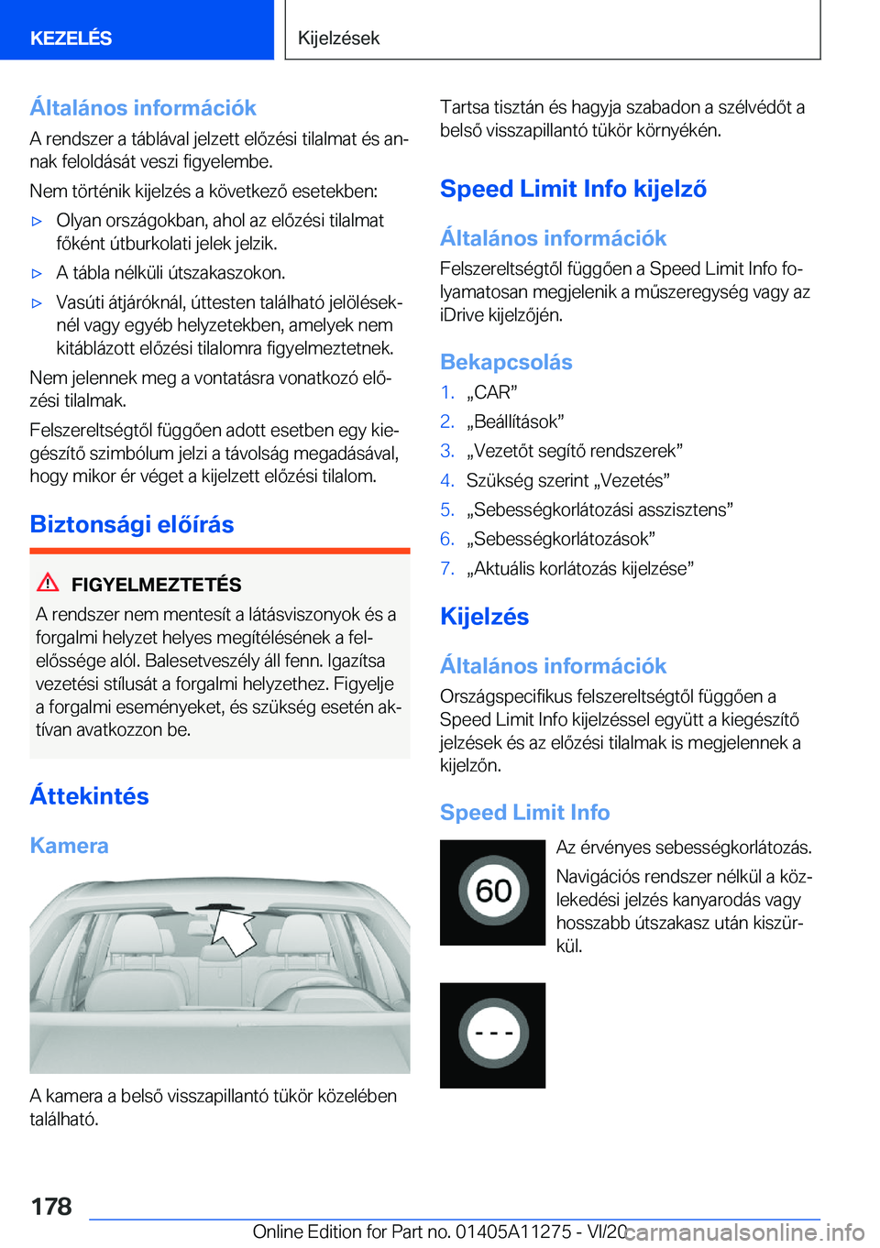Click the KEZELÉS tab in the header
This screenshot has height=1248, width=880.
click(x=71, y=38)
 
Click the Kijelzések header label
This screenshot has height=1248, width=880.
click(x=338, y=38)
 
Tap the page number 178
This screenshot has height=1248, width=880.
click(x=51, y=1206)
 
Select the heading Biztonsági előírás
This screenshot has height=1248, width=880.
click(x=132, y=524)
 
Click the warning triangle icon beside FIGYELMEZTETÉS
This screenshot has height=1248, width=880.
click(x=48, y=582)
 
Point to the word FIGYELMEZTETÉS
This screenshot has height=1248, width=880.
click(x=156, y=585)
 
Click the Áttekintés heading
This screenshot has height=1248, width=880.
click(x=89, y=795)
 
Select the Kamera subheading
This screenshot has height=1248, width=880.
click(x=69, y=845)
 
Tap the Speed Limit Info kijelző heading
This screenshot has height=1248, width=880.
click(x=573, y=189)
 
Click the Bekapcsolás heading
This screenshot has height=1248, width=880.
click(x=506, y=362)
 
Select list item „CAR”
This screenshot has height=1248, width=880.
click(x=491, y=392)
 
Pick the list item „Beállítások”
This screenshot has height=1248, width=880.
click(x=514, y=421)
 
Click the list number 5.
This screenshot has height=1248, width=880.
click(x=446, y=509)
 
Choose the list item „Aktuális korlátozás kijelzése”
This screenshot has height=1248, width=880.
click(x=579, y=568)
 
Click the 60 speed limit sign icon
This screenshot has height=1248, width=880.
click(x=493, y=892)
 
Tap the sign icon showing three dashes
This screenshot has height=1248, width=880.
click(x=493, y=1035)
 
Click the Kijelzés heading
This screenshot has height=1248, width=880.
click(x=484, y=617)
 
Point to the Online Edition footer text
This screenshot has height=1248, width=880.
click(x=440, y=1232)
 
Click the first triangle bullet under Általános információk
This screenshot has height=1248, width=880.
click(x=38, y=221)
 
